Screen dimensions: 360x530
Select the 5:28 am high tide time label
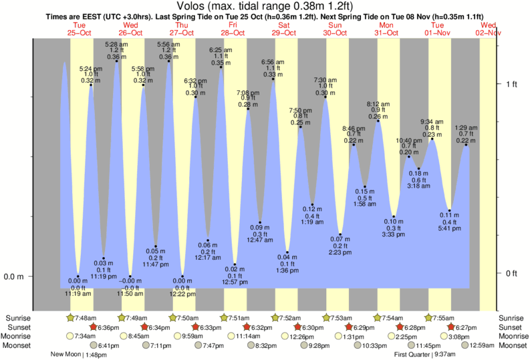pos(117,45)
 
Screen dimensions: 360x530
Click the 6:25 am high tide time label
pos(221,50)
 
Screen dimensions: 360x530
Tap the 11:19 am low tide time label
pos(78,293)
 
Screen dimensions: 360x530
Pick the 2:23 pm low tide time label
pos(340,252)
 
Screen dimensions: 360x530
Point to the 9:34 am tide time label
pos(432,122)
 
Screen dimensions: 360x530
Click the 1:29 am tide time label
pos(466,128)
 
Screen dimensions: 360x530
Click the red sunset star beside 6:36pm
pos(94,327)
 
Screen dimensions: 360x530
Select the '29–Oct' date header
pos(283,33)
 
